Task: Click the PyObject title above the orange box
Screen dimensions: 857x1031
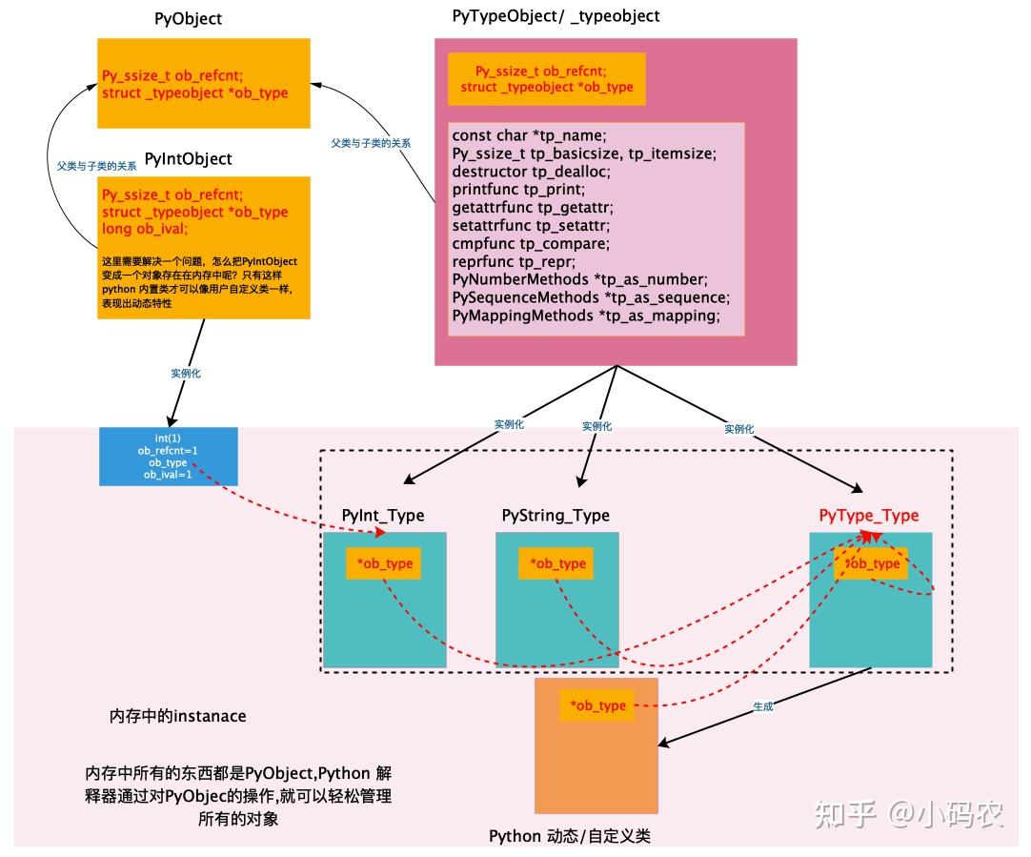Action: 188,20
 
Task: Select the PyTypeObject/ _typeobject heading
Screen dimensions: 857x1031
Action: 556,16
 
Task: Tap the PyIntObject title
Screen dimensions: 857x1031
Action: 188,159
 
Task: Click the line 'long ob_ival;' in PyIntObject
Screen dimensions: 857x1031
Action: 146,229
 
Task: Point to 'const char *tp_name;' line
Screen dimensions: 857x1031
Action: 529,135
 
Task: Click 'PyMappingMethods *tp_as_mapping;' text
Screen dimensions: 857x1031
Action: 585,315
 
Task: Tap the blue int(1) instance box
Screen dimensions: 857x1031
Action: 168,456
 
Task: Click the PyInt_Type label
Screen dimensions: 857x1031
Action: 383,516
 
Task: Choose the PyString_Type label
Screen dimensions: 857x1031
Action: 556,516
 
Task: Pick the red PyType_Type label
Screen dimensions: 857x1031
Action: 869,516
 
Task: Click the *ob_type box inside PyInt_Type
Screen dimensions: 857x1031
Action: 384,563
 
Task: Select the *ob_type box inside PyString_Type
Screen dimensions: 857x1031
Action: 556,563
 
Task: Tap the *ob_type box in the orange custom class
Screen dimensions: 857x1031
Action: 597,705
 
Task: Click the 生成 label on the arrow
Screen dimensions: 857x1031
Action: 762,707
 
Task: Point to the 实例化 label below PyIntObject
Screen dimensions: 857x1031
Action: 186,374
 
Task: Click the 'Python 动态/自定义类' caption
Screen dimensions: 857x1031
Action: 569,836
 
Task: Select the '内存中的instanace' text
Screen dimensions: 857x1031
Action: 178,715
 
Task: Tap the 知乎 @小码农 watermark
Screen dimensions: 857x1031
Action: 908,813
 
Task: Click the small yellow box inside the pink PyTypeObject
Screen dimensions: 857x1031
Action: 547,79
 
